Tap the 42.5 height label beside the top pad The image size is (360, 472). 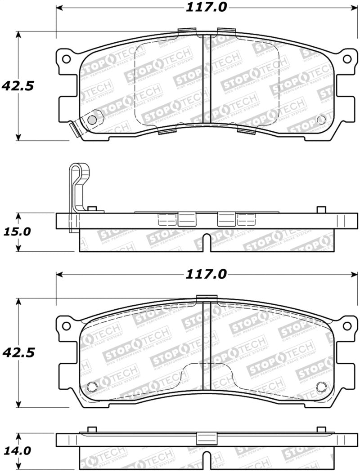[18, 86]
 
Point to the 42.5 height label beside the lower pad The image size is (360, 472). [18, 352]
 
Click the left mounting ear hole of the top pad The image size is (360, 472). [66, 58]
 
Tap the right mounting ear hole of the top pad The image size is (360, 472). [347, 58]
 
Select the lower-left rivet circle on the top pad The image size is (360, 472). [91, 120]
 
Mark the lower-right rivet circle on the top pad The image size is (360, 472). [321, 119]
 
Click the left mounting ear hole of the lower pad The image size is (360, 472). [66, 325]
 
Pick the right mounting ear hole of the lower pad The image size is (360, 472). [347, 325]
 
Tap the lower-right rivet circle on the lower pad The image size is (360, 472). [321, 386]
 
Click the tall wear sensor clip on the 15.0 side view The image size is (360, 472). [78, 189]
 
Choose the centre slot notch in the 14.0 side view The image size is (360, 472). [207, 461]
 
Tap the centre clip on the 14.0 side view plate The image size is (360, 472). [207, 438]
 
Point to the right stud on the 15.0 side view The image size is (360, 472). [321, 210]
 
